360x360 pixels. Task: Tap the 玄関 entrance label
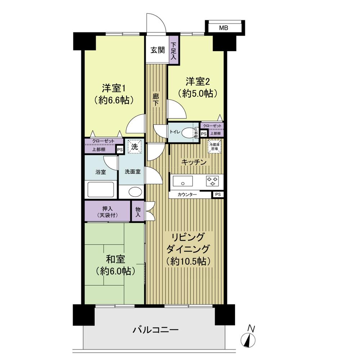click(x=157, y=50)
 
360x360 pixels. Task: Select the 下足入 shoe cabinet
click(x=174, y=50)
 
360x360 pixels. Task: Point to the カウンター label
click(x=187, y=194)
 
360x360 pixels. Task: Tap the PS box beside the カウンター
click(x=218, y=194)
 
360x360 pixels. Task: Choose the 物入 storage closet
click(x=138, y=212)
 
